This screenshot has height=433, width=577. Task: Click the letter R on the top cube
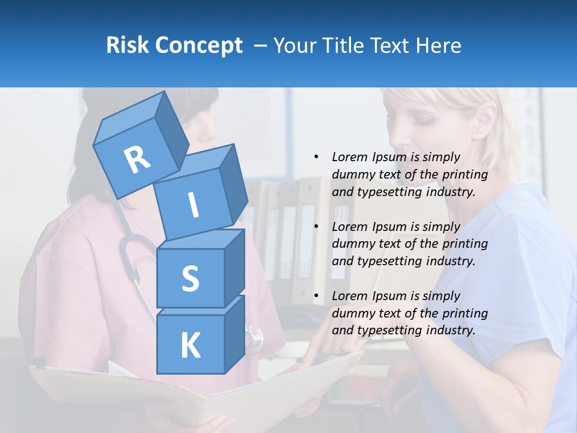pyautogui.click(x=137, y=159)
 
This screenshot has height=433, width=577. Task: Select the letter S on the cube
pyautogui.click(x=190, y=279)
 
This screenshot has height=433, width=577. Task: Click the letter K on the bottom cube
pyautogui.click(x=190, y=346)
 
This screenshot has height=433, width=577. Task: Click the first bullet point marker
pyautogui.click(x=316, y=157)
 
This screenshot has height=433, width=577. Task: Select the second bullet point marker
pyautogui.click(x=316, y=227)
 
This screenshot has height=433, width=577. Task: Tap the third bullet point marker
pyautogui.click(x=316, y=296)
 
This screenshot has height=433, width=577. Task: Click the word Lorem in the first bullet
pyautogui.click(x=349, y=157)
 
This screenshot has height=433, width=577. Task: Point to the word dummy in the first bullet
pyautogui.click(x=352, y=174)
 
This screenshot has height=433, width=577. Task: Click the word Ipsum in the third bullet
pyautogui.click(x=389, y=296)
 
